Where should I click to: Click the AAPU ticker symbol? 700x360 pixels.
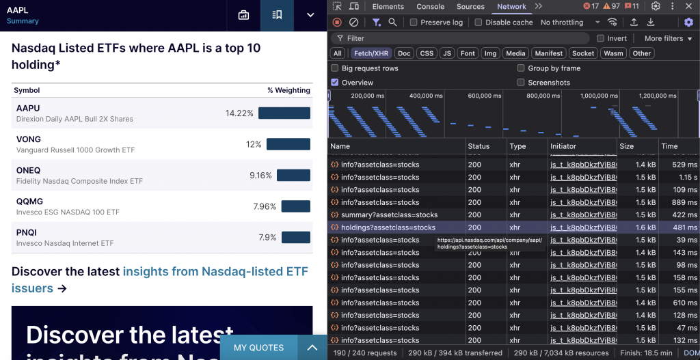point(28,108)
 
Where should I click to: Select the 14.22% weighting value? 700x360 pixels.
point(239,113)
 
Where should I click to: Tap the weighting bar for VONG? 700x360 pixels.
point(288,144)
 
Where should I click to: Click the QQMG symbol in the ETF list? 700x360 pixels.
point(29,202)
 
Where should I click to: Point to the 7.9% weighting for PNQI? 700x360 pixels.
point(267,238)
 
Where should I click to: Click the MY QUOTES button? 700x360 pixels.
point(258,348)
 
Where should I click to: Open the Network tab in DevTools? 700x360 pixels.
point(511,7)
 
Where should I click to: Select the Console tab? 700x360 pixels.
point(431,7)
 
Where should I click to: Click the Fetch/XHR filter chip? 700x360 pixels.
point(372,53)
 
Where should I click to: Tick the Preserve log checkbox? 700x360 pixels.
point(414,23)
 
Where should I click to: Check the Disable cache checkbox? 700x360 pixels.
point(479,23)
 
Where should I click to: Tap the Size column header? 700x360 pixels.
point(626,146)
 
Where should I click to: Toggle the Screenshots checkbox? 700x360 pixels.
point(521,83)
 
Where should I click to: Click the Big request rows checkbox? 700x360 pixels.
point(335,68)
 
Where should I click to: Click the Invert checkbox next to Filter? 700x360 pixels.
point(601,38)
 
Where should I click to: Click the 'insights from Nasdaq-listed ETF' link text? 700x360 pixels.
point(215,272)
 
